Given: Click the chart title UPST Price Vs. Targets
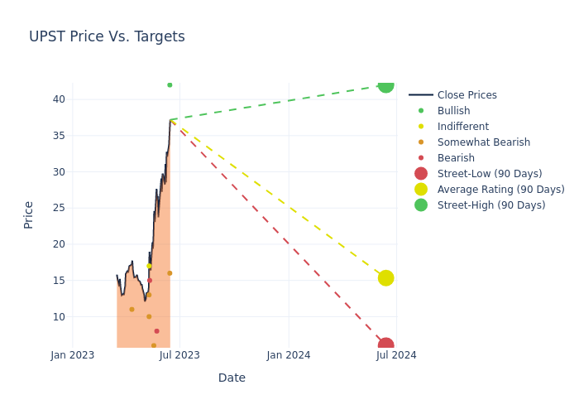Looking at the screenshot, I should click(107, 37).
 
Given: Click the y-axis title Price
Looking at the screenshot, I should click(29, 214).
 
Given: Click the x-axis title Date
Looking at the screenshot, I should click(232, 378).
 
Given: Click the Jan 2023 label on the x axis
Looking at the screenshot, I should click(73, 355).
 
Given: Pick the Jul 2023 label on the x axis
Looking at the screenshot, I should click(179, 355).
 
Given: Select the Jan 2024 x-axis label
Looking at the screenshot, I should click(289, 355).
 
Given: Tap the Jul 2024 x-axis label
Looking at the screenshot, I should click(396, 355).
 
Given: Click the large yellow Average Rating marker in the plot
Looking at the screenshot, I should click(385, 278).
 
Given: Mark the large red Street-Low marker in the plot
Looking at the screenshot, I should click(385, 345).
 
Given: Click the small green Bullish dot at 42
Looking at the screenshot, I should click(170, 85).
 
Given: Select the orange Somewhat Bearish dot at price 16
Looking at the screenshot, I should click(170, 273).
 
